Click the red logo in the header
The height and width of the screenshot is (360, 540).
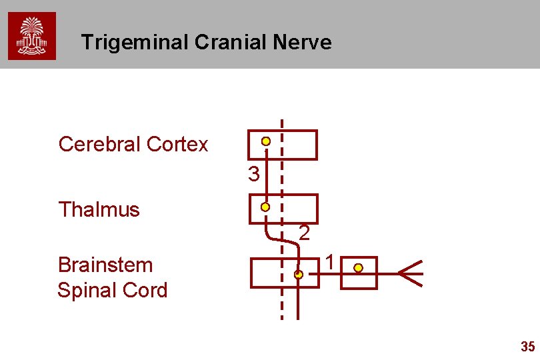tap(32, 36)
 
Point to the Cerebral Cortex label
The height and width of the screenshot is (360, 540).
tap(133, 144)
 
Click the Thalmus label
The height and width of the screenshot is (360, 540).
tap(99, 209)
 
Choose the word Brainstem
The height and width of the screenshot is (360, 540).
tap(105, 265)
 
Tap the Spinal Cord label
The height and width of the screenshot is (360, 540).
tap(112, 291)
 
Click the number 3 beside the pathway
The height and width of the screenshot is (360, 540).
tap(253, 175)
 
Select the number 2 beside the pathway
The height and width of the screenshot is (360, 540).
tap(304, 233)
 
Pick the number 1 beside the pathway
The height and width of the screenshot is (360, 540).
tap(329, 262)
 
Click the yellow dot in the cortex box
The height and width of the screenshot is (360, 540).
tap(266, 141)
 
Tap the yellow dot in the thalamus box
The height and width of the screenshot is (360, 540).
tap(265, 207)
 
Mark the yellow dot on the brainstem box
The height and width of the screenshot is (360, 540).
tap(299, 274)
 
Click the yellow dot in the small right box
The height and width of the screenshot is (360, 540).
tap(359, 268)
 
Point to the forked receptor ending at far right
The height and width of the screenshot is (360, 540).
tap(411, 273)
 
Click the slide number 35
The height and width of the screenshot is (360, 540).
tap(527, 347)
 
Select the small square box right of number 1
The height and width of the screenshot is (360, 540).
tap(359, 273)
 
